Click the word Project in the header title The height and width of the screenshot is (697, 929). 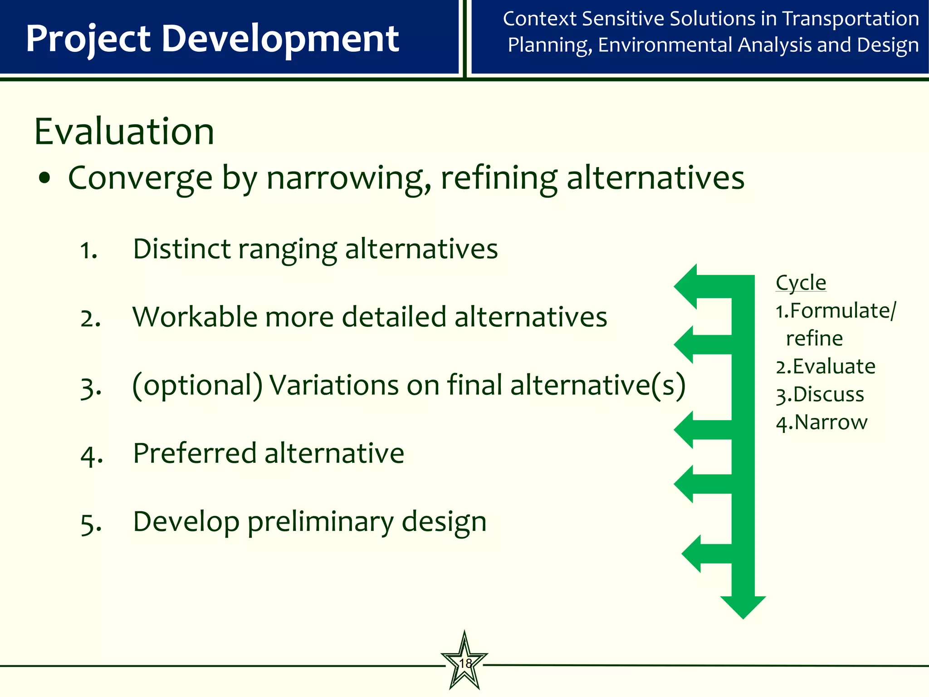coord(88,39)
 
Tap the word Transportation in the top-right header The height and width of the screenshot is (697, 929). coord(851,19)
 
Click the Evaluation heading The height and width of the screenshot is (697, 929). coord(124,132)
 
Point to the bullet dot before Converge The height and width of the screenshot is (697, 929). coord(44,178)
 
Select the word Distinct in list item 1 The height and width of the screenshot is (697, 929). coord(181,249)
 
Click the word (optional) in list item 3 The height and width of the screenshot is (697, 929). coord(197,386)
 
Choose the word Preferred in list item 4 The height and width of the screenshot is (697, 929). coord(195,453)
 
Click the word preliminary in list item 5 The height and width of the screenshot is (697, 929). coord(320,522)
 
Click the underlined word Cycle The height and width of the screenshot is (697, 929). coord(801,283)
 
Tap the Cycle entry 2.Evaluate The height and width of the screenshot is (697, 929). coord(825,367)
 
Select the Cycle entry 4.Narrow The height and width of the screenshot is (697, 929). coord(821,422)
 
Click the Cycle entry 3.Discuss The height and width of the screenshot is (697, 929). coord(820,394)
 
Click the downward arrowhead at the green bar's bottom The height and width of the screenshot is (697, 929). coord(743,607)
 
